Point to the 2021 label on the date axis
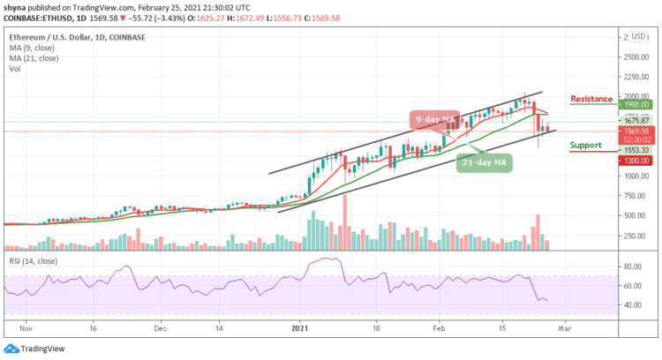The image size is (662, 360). point(303,327)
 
